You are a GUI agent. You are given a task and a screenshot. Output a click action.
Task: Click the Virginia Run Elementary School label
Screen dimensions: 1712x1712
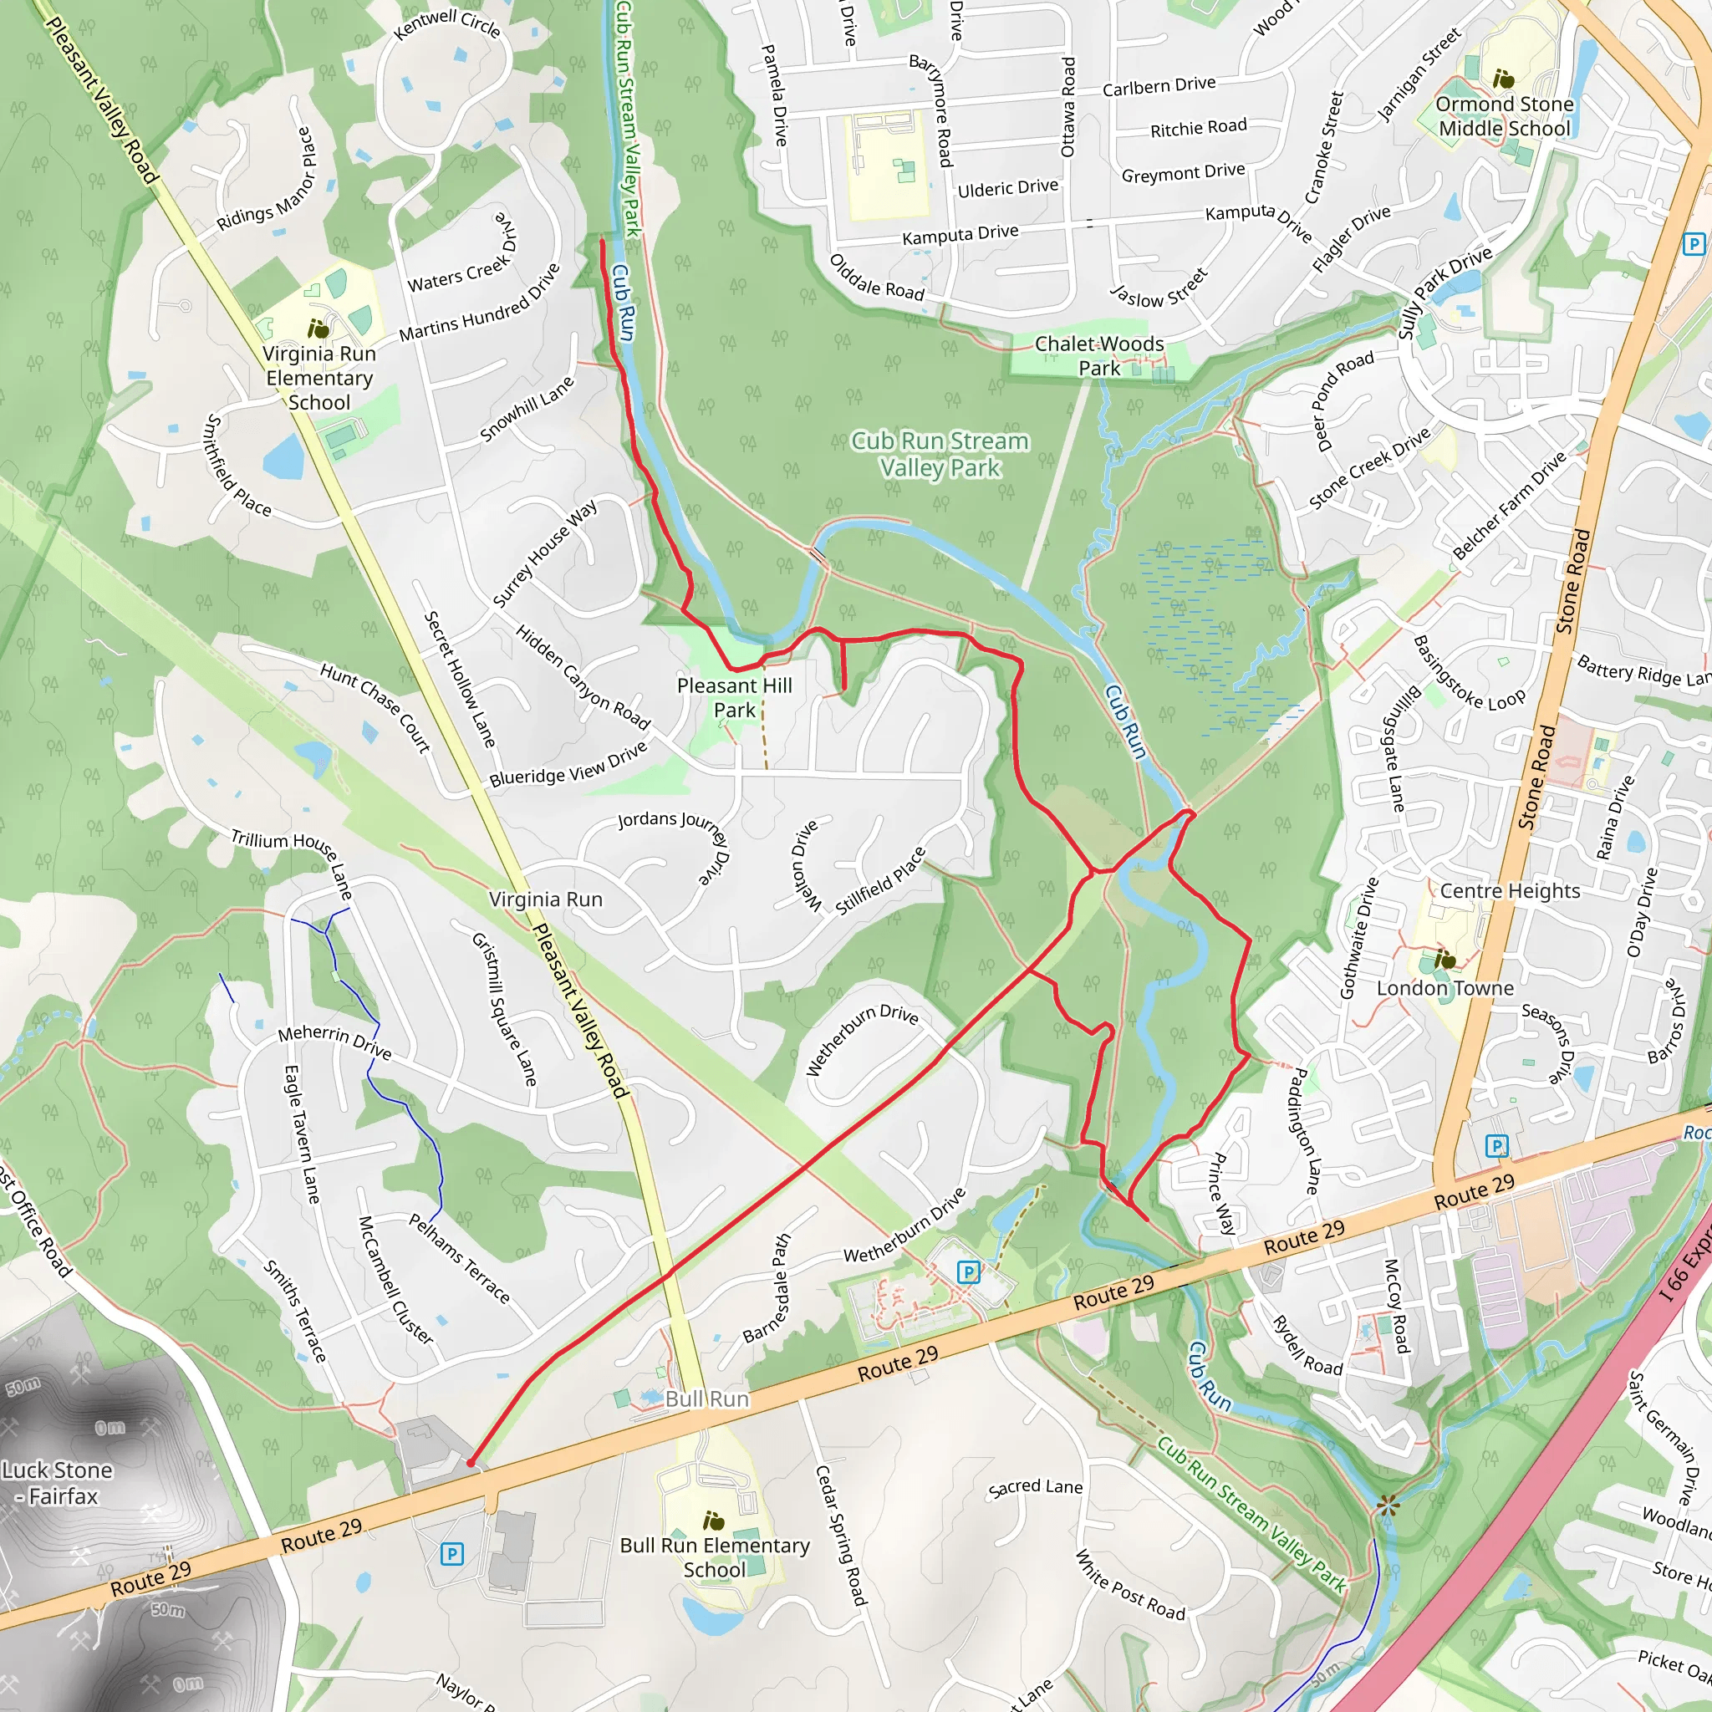point(319,379)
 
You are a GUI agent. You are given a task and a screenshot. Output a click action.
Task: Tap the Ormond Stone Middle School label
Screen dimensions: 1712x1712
point(1504,116)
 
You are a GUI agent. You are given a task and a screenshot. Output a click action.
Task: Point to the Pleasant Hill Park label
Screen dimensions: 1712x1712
point(735,697)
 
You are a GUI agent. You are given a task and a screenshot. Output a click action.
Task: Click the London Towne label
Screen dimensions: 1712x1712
point(1444,988)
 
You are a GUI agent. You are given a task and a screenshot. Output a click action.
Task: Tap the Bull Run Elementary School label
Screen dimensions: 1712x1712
point(714,1557)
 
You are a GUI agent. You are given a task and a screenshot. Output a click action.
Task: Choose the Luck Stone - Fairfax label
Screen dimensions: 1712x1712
point(58,1482)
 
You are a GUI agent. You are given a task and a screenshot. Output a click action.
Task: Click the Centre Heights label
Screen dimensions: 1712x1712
point(1509,890)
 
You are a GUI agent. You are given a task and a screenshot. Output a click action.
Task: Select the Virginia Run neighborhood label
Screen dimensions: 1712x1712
point(546,899)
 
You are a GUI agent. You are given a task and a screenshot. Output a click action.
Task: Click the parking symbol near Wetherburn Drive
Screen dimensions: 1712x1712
point(969,1273)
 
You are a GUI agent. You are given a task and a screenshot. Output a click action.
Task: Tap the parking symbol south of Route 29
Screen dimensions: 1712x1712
point(452,1553)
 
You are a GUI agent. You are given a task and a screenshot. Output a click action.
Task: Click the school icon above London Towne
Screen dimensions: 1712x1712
point(1444,960)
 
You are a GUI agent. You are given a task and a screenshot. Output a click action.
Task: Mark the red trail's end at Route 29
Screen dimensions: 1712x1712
point(471,1463)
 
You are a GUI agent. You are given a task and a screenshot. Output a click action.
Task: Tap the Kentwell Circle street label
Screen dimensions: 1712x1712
point(447,24)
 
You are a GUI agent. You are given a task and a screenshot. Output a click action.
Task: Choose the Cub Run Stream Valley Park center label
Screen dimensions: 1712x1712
point(940,454)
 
